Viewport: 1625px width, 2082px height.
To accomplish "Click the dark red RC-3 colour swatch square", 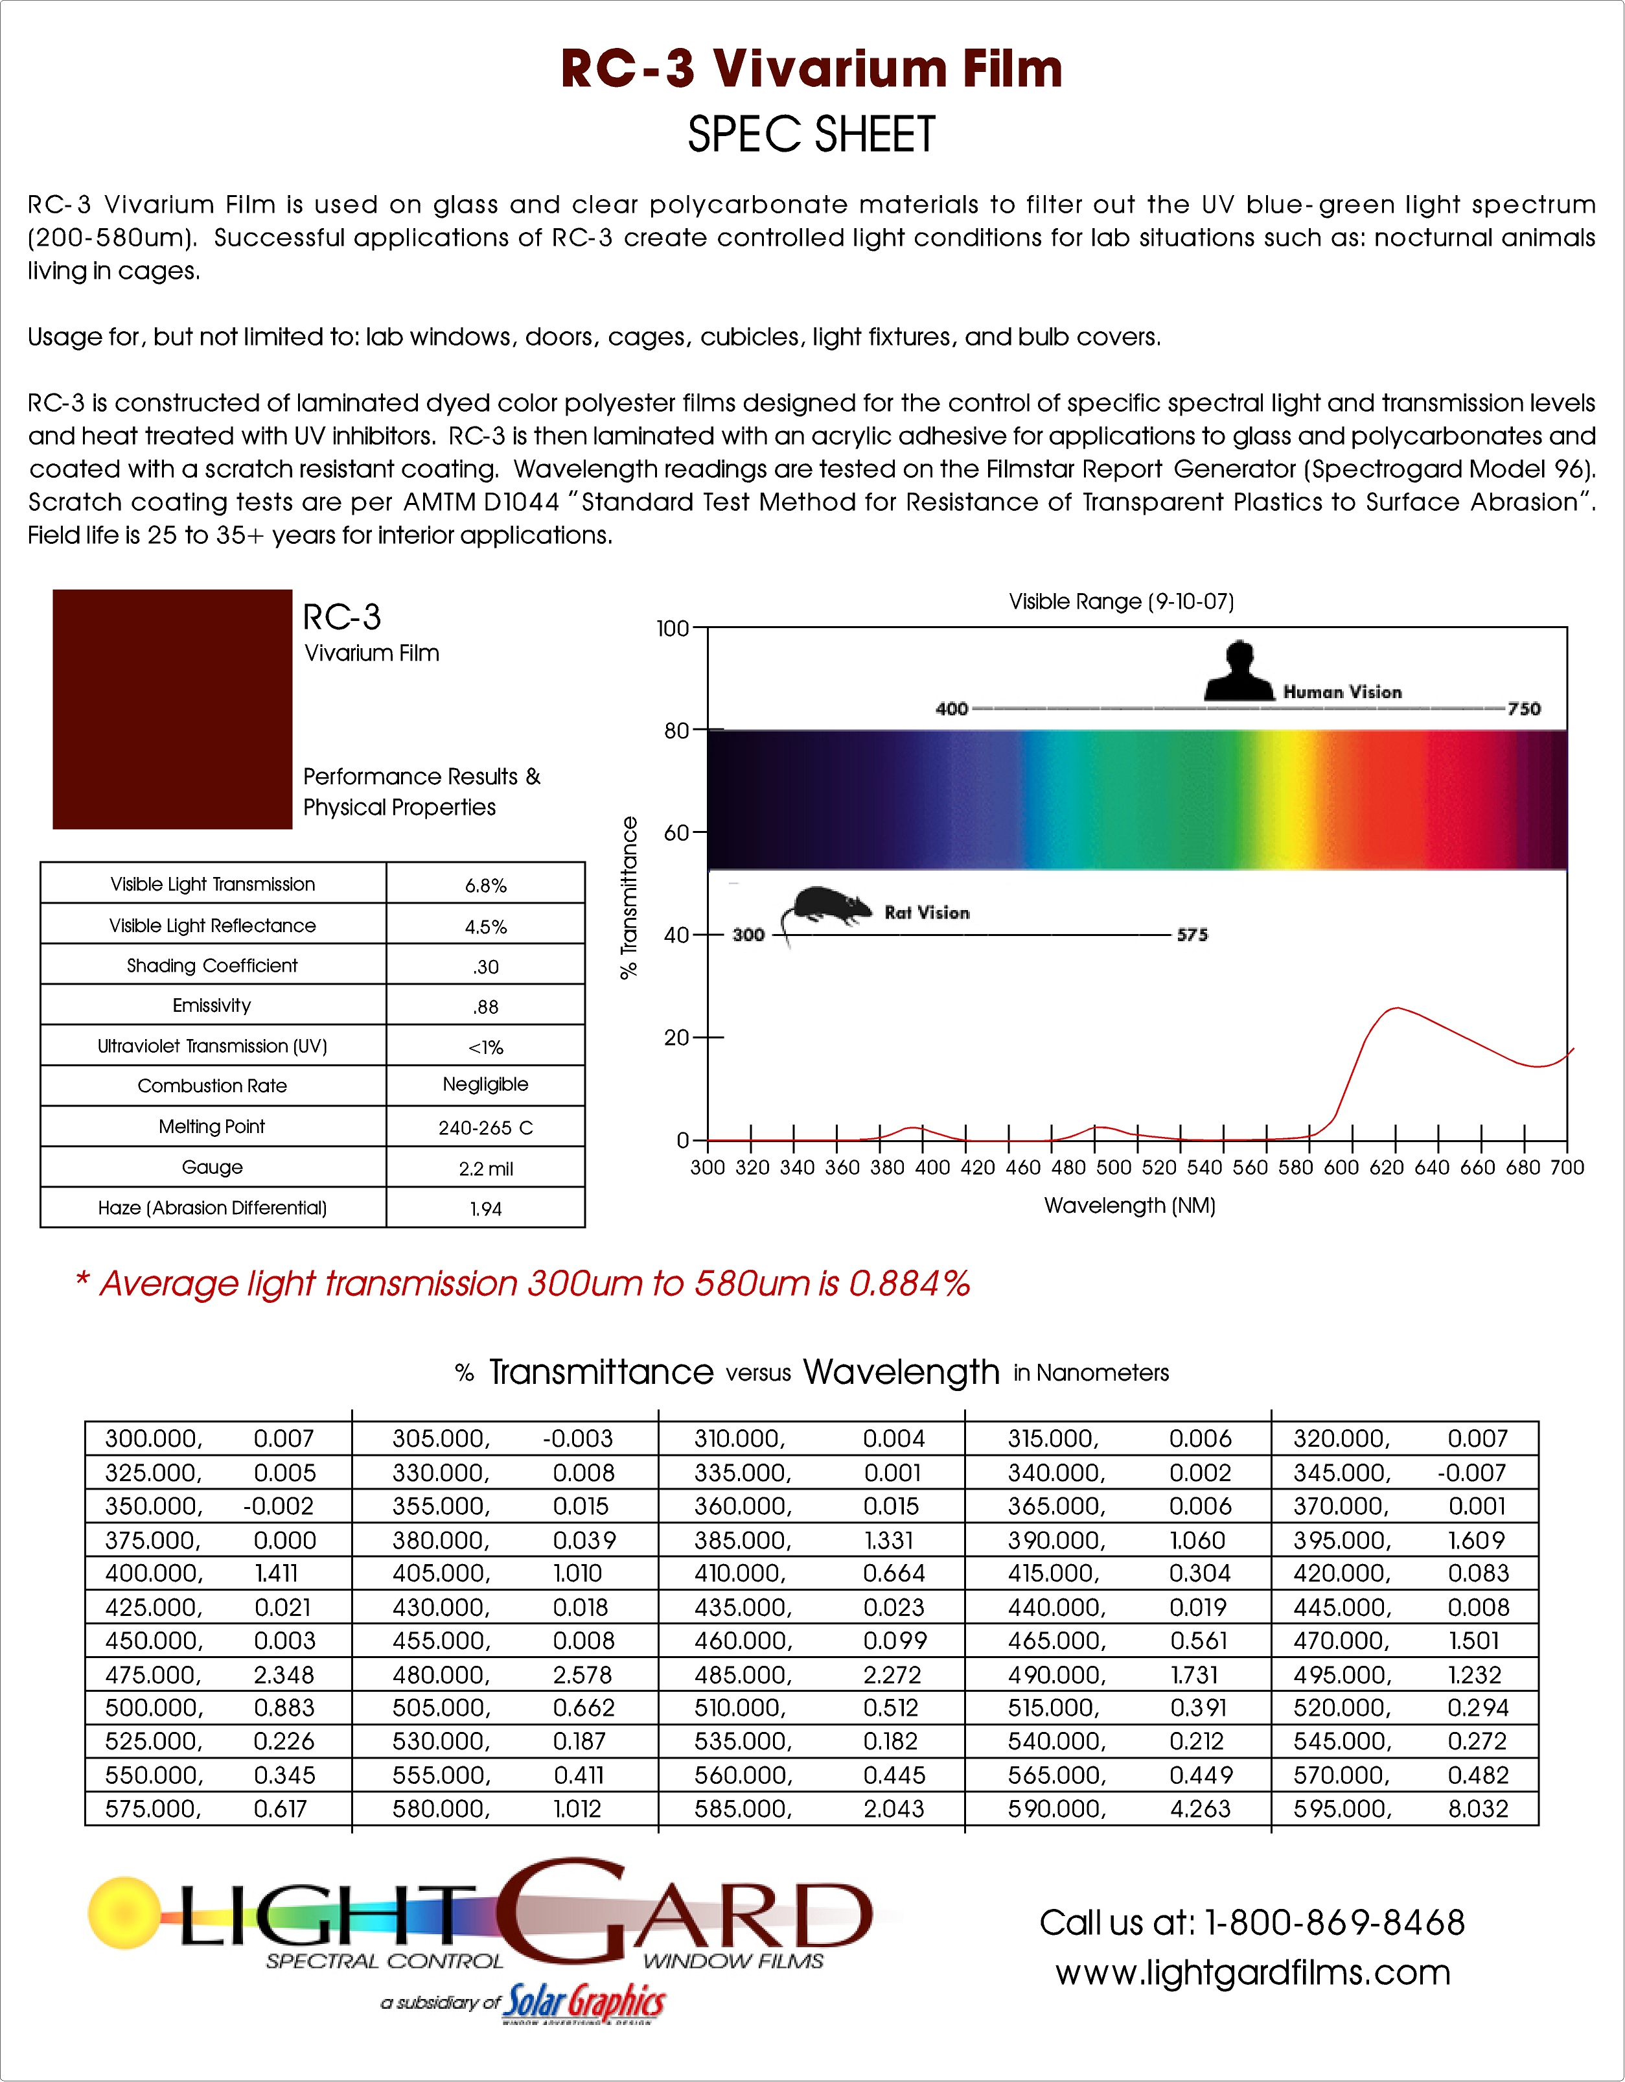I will [172, 708].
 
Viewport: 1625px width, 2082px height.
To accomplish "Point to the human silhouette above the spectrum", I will [1239, 672].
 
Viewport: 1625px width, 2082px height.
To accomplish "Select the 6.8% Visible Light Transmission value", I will [485, 885].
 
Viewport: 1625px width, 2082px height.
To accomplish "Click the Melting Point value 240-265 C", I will [485, 1128].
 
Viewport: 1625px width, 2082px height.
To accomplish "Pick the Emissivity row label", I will [212, 1006].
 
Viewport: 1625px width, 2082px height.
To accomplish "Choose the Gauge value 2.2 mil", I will [485, 1169].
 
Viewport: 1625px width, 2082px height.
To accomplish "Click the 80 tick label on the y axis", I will [676, 731].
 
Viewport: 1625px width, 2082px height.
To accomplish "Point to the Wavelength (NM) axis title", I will [1129, 1206].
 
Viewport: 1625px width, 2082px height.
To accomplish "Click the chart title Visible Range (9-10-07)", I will [1121, 602].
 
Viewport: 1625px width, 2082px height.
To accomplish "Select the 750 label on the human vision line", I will [1523, 708].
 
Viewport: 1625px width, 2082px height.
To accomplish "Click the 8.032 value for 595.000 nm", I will [1477, 1809].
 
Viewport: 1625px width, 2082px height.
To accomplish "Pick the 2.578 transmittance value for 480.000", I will [582, 1675].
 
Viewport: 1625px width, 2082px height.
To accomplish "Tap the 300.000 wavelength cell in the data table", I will [152, 1438].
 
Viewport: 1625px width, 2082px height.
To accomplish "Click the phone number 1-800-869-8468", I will [1334, 1923].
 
